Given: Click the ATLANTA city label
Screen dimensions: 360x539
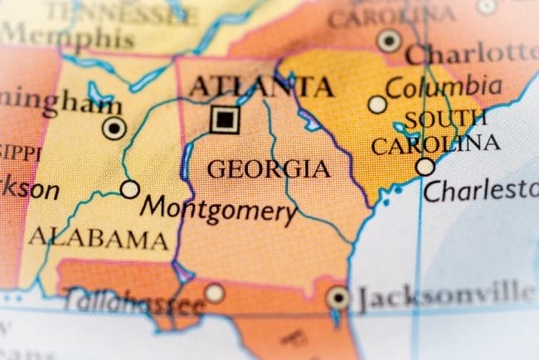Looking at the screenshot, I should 261,86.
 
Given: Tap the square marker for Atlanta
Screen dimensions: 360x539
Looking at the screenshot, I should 224,119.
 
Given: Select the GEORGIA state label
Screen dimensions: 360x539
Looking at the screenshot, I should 268,169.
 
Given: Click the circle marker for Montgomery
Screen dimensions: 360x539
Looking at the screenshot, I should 130,189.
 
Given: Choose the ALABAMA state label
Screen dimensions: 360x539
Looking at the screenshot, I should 98,239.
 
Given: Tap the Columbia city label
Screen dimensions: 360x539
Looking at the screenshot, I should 444,87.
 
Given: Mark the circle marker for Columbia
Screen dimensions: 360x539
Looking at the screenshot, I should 377,105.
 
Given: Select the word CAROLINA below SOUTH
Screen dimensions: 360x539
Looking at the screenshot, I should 435,144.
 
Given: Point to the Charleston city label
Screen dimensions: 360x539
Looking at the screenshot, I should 481,190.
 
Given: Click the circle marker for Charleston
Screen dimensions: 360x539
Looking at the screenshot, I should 425,167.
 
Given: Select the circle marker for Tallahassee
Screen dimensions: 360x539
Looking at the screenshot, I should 215,292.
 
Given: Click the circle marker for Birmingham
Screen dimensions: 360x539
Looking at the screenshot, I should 114,128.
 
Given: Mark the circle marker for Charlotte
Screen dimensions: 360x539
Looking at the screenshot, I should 388,40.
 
